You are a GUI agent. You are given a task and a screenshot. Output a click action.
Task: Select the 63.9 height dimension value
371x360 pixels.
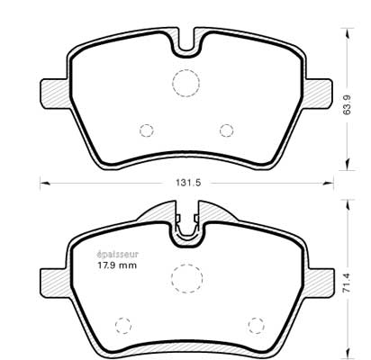click(348, 104)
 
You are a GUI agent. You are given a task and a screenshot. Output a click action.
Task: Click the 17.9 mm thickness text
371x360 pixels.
click(117, 265)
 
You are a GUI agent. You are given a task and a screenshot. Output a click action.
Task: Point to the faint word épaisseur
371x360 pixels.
click(117, 255)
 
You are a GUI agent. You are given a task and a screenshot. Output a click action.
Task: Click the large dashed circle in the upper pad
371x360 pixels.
click(185, 83)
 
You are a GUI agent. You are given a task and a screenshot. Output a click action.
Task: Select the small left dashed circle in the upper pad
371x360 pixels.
click(147, 130)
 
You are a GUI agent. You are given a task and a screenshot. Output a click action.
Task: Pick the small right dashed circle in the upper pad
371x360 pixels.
click(226, 130)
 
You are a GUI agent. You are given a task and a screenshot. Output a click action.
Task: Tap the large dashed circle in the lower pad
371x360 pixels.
click(186, 278)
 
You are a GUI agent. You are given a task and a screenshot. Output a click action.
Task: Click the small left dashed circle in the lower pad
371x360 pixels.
click(123, 325)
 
